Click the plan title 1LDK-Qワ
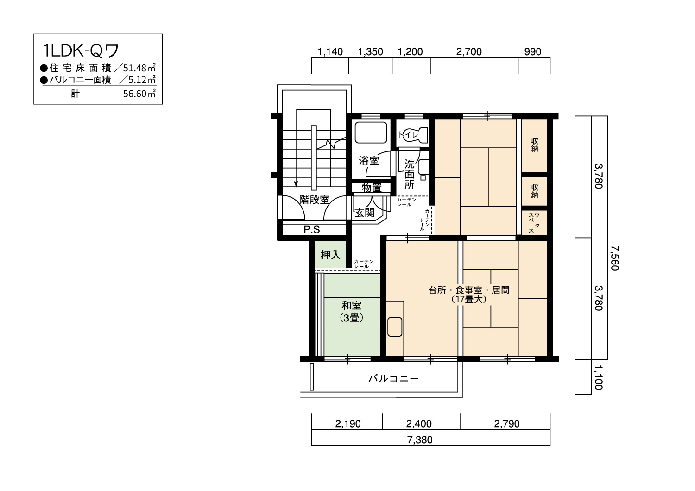[x=81, y=51]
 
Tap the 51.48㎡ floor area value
[x=139, y=68]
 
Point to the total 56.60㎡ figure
[x=139, y=94]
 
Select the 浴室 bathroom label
[x=369, y=161]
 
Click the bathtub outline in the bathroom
[x=371, y=132]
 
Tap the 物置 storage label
[x=372, y=188]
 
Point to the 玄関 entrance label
[x=365, y=213]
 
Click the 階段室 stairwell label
[x=314, y=200]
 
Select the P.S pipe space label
[x=312, y=230]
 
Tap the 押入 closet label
[x=330, y=255]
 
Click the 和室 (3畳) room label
[x=352, y=311]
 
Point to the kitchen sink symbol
[x=395, y=327]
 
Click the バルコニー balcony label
[x=393, y=379]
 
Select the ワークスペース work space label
[x=534, y=222]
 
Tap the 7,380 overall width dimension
[x=420, y=440]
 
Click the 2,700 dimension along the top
[x=469, y=51]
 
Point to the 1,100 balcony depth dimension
[x=598, y=377]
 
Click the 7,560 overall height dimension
[x=615, y=258]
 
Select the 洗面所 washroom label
[x=409, y=174]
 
